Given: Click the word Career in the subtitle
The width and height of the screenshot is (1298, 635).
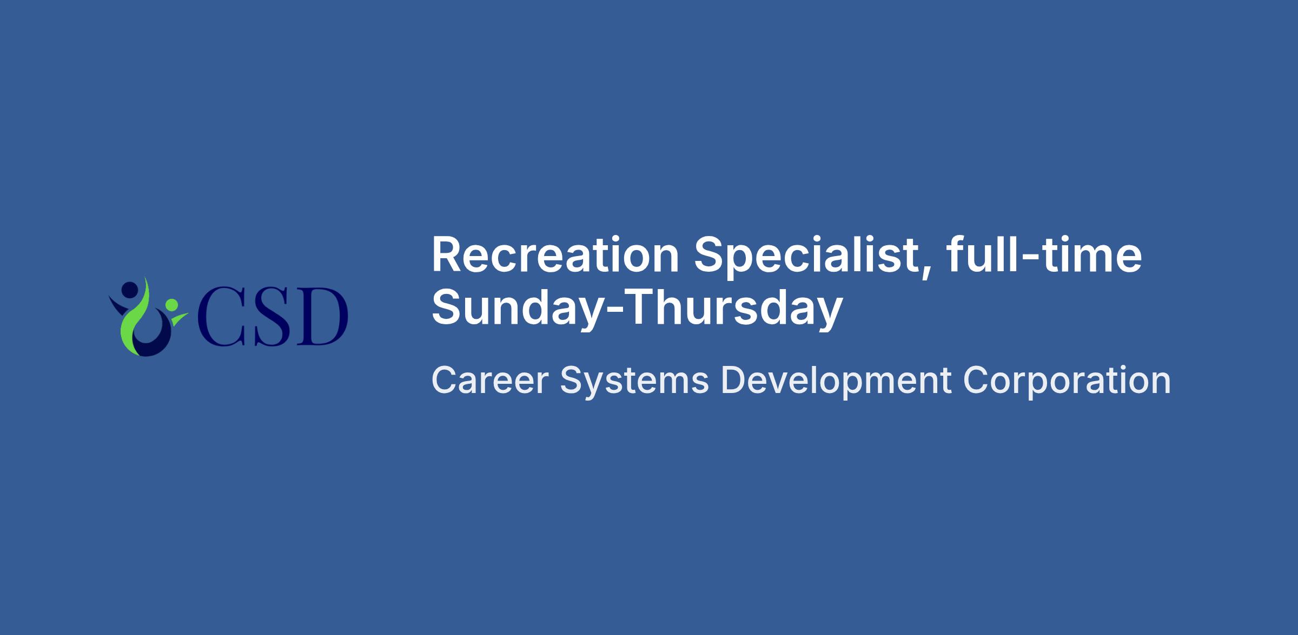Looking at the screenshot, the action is pyautogui.click(x=490, y=381).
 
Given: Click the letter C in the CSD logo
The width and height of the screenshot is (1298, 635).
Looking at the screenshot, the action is pyautogui.click(x=221, y=317).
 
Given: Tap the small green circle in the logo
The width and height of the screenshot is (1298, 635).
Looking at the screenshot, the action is pyautogui.click(x=171, y=305).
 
